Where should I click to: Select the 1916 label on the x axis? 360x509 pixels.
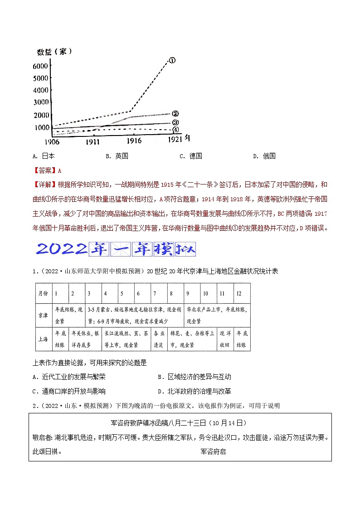point(131,141)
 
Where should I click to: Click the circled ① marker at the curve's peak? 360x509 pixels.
point(172,60)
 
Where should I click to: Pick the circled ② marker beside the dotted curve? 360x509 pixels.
point(175,113)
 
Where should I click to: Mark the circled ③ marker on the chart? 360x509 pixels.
point(175,122)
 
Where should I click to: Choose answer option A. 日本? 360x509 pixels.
point(44,156)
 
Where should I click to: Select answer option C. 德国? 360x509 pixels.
point(191,156)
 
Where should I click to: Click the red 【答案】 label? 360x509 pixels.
point(44,170)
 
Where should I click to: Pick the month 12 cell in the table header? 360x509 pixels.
point(239,294)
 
